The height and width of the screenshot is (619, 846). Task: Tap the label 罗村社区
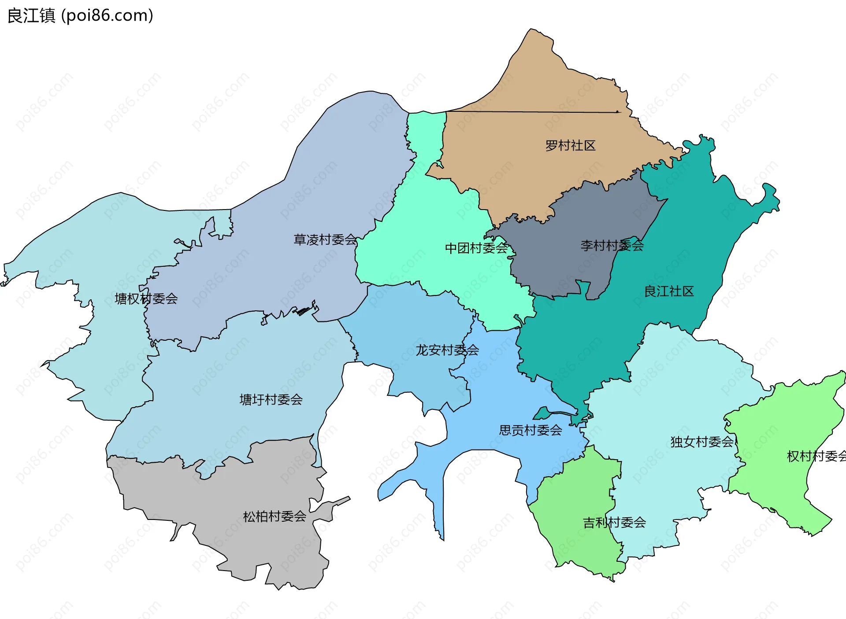coord(570,146)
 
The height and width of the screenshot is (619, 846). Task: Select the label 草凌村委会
coord(325,240)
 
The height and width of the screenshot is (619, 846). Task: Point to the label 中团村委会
coord(476,248)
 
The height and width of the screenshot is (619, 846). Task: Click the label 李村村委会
coord(612,246)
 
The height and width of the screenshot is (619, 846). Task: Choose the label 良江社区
coord(669,291)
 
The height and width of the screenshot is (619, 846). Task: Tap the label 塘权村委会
coord(146,299)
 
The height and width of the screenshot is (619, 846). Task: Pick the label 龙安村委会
coord(447,350)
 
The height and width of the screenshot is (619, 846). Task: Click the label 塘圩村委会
coord(271,400)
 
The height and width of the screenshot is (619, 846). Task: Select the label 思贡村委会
coord(531,431)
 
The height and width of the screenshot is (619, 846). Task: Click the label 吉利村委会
coord(614,523)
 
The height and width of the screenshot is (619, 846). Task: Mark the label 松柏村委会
coord(275,517)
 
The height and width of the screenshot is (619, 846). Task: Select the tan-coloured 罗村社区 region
coord(529,176)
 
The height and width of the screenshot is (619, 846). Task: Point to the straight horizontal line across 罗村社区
coord(529,112)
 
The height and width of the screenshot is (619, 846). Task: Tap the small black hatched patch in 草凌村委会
coord(303,312)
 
